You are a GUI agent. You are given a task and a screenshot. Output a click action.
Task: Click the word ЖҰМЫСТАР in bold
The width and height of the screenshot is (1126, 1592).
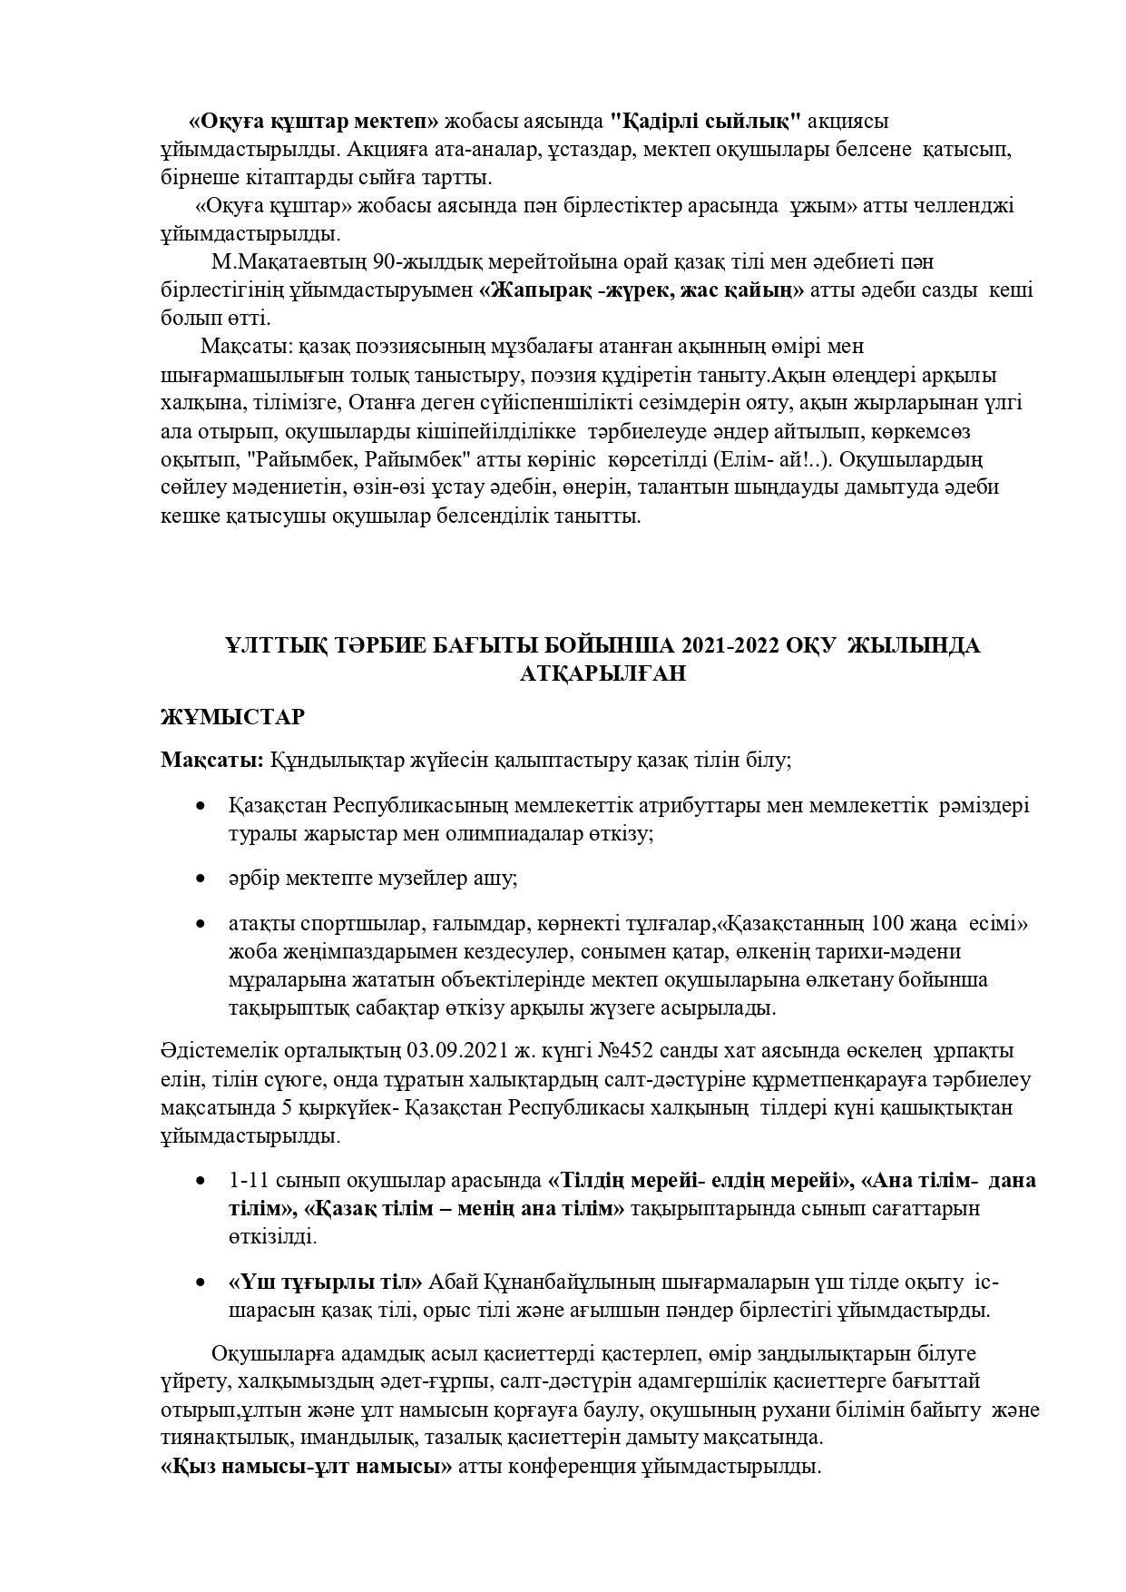coord(232,717)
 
